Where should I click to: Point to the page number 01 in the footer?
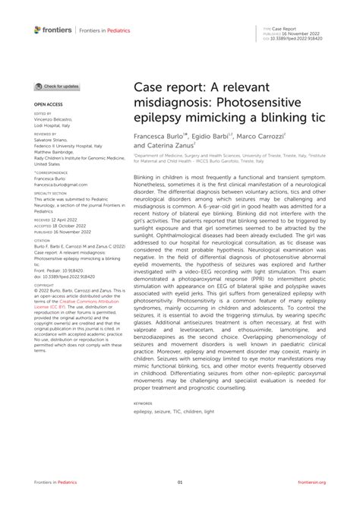[x=180, y=482]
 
